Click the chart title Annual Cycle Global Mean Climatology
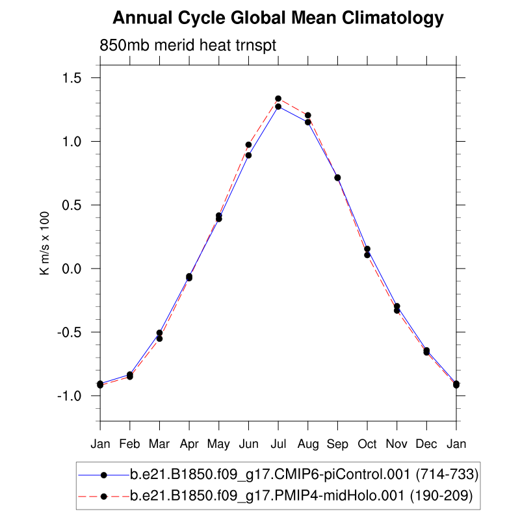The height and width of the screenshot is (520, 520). click(278, 18)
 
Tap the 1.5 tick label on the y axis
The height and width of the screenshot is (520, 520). click(73, 78)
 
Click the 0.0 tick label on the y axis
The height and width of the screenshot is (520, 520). click(73, 269)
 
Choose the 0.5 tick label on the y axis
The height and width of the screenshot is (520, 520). click(73, 205)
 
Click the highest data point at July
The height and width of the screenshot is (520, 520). click(278, 99)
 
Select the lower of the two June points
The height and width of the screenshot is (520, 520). click(248, 155)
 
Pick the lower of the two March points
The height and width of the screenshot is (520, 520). click(159, 339)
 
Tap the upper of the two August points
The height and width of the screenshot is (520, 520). click(308, 116)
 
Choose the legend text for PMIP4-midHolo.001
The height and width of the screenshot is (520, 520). click(302, 497)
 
